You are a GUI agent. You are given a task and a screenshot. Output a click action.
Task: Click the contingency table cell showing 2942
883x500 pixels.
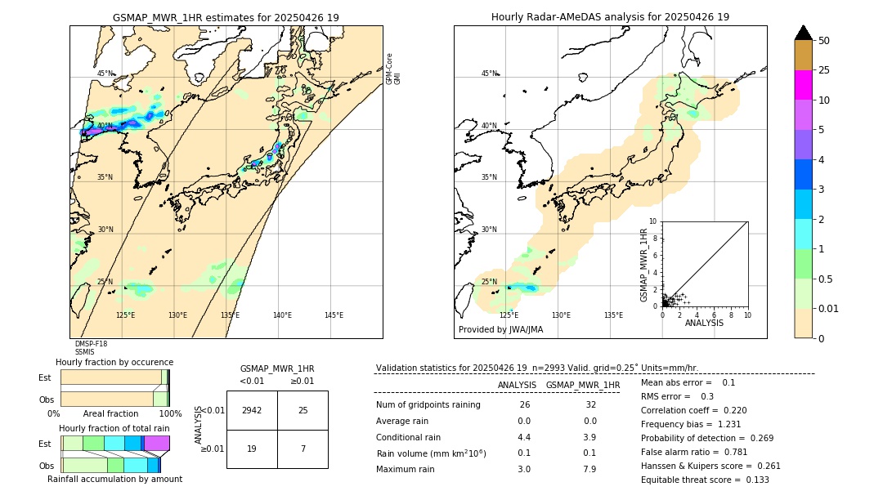pyautogui.click(x=252, y=410)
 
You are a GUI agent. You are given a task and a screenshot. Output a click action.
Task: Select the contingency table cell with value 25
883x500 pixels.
pyautogui.click(x=303, y=410)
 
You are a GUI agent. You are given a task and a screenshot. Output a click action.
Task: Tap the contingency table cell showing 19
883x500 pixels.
pyautogui.click(x=252, y=448)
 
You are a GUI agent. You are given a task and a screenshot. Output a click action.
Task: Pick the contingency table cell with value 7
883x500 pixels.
pyautogui.click(x=303, y=448)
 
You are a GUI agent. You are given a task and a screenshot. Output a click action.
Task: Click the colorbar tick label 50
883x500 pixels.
pyautogui.click(x=824, y=41)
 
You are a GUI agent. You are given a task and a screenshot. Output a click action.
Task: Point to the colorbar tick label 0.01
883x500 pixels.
pyautogui.click(x=829, y=308)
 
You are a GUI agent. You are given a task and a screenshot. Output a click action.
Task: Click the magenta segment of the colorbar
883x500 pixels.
pyautogui.click(x=803, y=85)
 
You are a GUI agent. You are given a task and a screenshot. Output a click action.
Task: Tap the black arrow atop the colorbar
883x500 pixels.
pyautogui.click(x=803, y=33)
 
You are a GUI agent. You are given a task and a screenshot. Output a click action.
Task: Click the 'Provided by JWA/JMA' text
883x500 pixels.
pyautogui.click(x=500, y=329)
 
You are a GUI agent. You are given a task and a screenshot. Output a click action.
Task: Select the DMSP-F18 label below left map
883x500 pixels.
pyautogui.click(x=91, y=344)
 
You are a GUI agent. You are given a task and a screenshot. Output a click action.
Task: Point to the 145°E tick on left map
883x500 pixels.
pyautogui.click(x=334, y=315)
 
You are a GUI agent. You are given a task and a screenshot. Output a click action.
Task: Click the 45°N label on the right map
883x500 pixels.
pyautogui.click(x=489, y=74)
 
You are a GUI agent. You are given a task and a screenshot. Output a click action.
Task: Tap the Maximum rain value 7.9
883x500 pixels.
pyautogui.click(x=589, y=469)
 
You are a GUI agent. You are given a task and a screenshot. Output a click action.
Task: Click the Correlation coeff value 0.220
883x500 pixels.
pyautogui.click(x=729, y=410)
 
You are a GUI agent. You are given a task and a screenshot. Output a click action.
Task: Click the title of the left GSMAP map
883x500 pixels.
pyautogui.click(x=226, y=17)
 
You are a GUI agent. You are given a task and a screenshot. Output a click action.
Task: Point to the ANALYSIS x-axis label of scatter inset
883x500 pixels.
pyautogui.click(x=704, y=323)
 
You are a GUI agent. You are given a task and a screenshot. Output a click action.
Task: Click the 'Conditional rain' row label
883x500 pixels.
pyautogui.click(x=409, y=437)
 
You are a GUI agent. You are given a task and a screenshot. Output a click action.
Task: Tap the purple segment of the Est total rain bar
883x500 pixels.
pyautogui.click(x=157, y=443)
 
